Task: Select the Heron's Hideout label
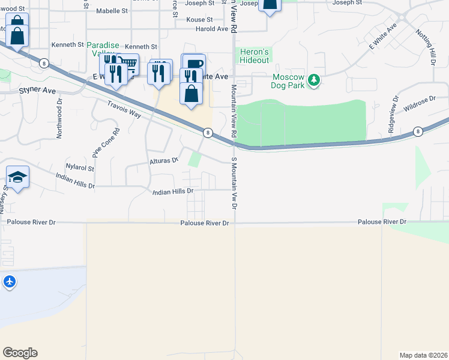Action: click(x=255, y=55)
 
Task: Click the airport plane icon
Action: click(x=10, y=281)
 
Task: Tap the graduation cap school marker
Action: click(x=17, y=177)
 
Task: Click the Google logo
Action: click(x=20, y=353)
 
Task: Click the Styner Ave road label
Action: click(x=37, y=91)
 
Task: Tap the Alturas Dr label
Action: click(x=164, y=161)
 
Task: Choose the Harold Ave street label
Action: click(x=211, y=29)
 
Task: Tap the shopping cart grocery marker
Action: click(x=128, y=64)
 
